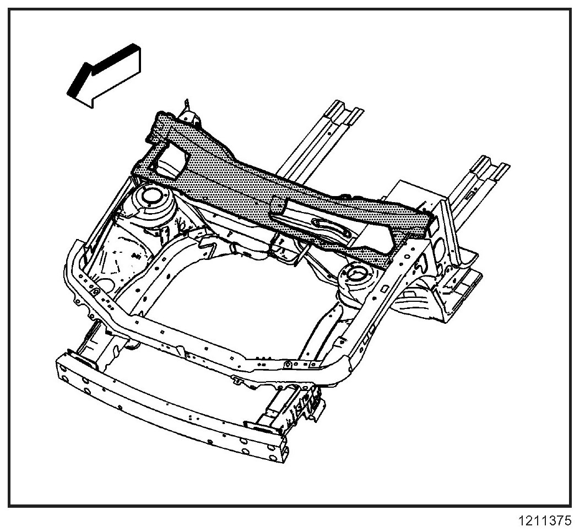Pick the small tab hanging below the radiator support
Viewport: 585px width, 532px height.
point(238,380)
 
